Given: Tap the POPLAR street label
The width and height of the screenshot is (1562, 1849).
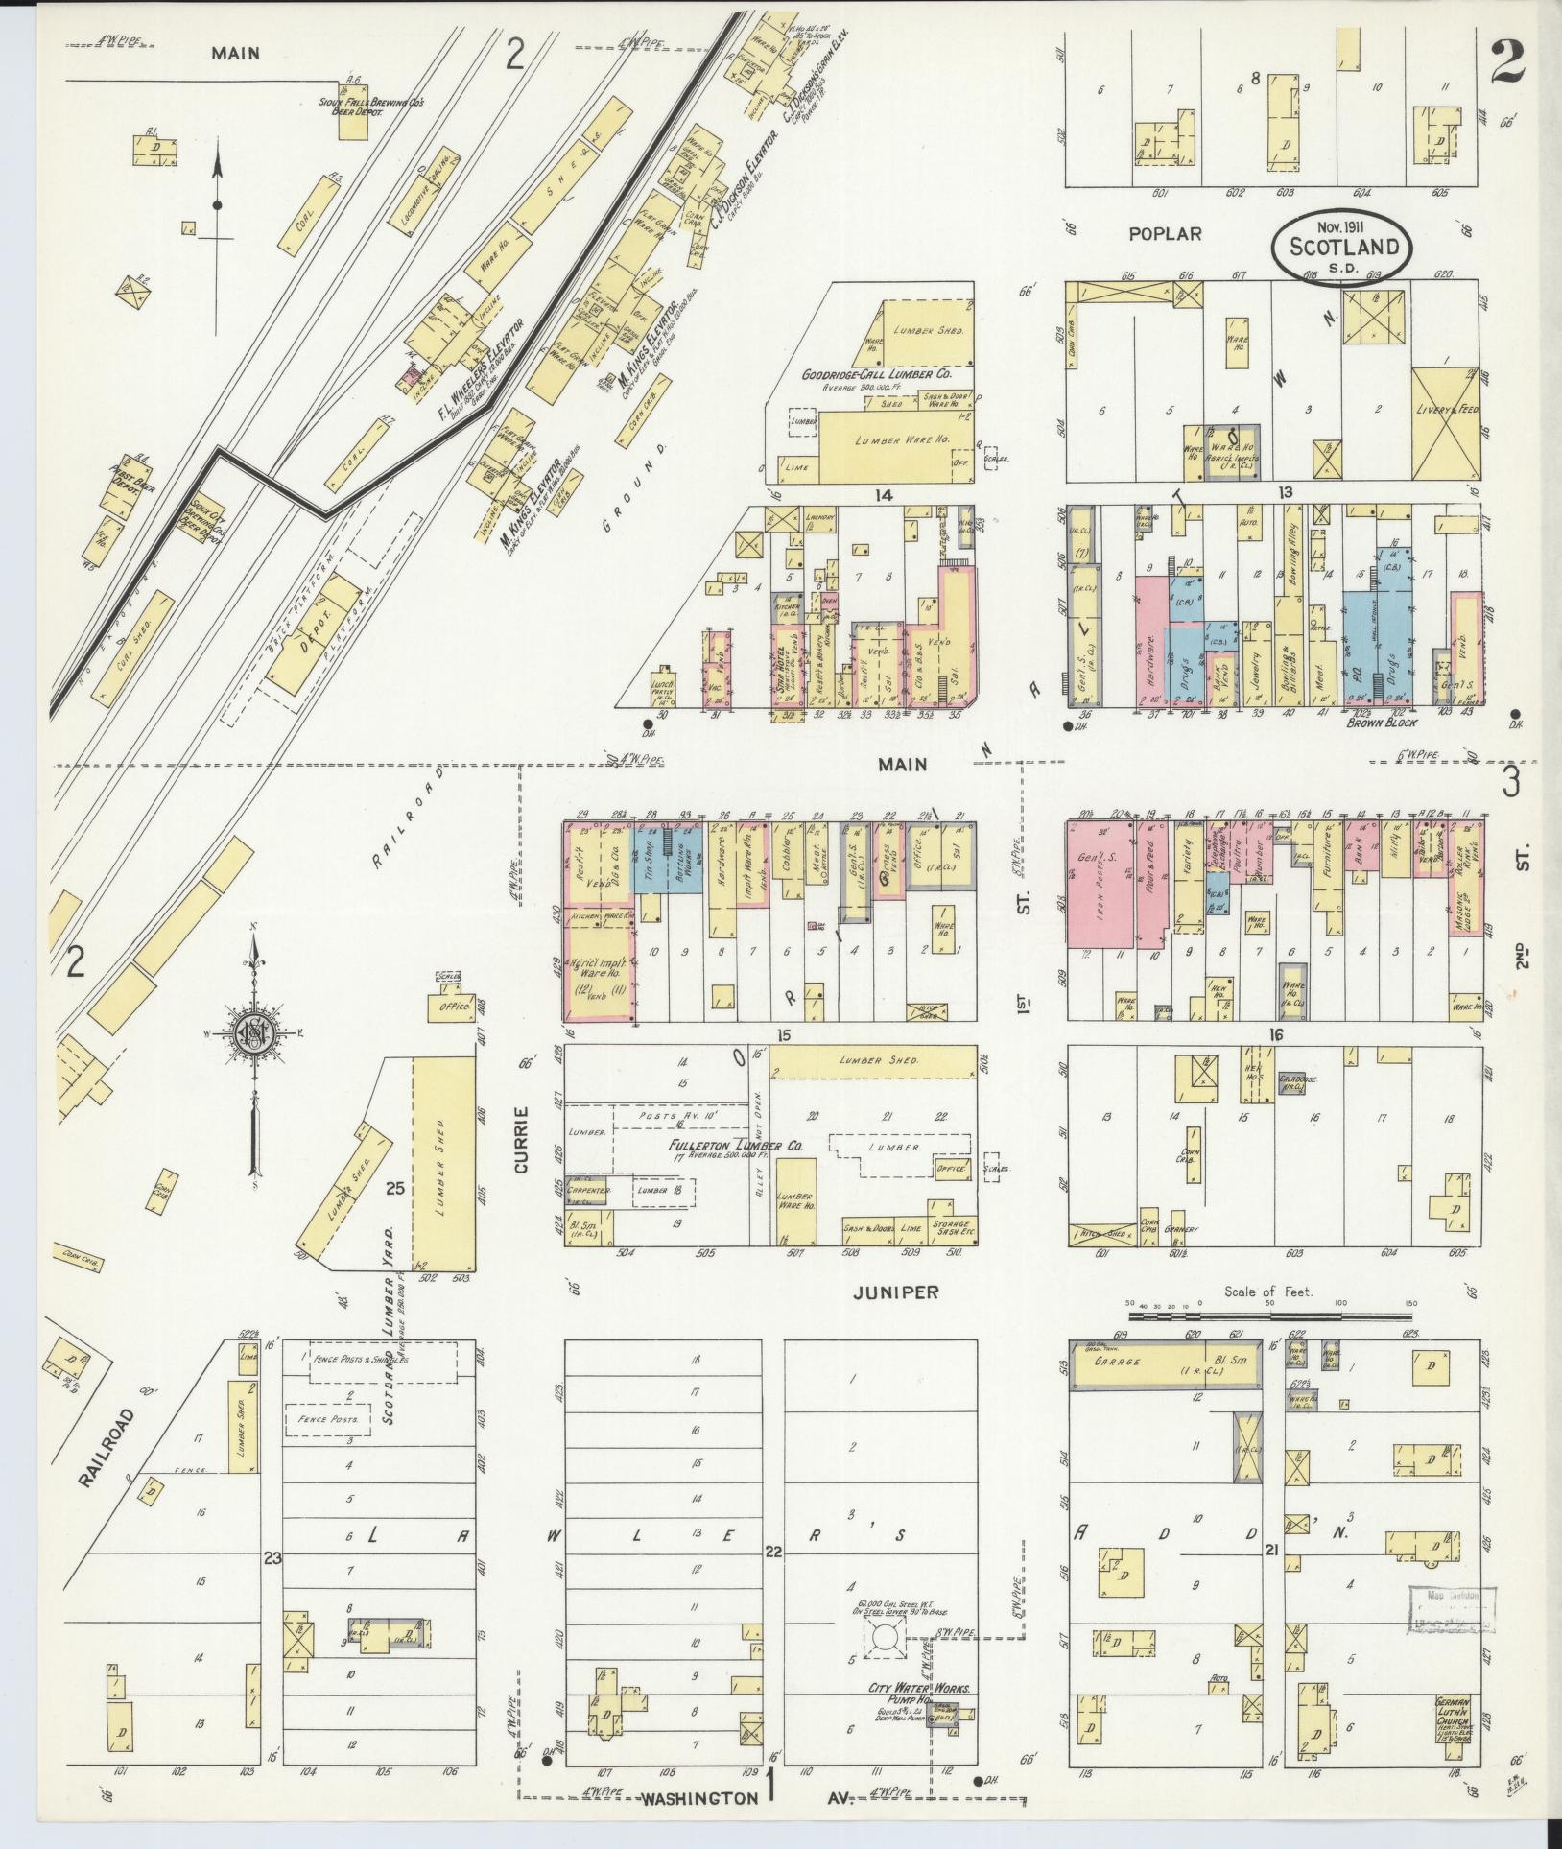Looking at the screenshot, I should click(x=1165, y=233).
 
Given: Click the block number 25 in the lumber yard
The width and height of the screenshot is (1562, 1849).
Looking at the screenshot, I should click(x=393, y=1189).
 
